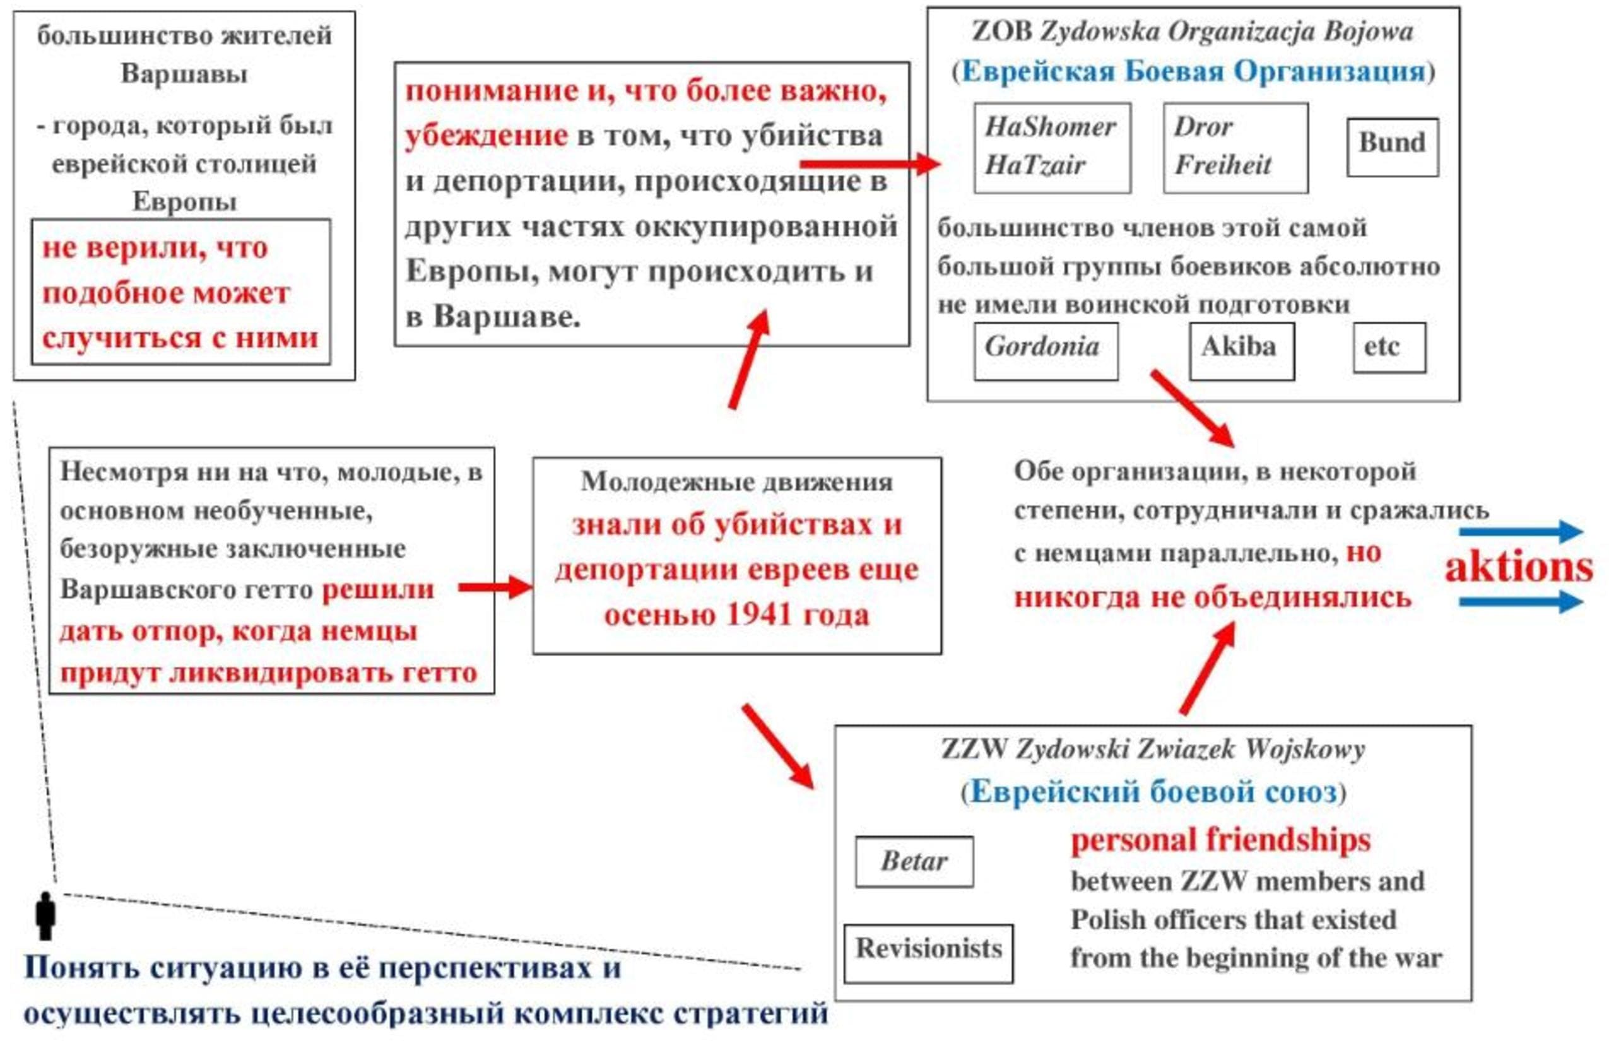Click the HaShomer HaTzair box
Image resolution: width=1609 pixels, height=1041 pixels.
click(1051, 148)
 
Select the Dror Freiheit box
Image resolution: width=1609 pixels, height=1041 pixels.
click(1235, 148)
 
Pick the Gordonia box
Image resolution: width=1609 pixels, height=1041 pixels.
click(1045, 350)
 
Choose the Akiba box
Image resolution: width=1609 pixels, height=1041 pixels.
click(1241, 350)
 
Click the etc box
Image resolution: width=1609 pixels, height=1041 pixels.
click(1389, 348)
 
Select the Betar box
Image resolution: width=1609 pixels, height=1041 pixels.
click(914, 861)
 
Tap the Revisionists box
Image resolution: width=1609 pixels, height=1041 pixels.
click(928, 953)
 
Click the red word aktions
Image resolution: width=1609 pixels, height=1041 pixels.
click(1518, 567)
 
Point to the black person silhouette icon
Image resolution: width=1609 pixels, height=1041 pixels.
click(45, 916)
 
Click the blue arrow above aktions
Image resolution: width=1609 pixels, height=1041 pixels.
click(1521, 531)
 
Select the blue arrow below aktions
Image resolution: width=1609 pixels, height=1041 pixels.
click(1521, 601)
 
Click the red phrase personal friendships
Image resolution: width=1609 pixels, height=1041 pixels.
click(1220, 841)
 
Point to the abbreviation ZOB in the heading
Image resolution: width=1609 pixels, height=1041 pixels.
click(1002, 32)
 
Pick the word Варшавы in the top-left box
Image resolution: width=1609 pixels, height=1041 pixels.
click(184, 73)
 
